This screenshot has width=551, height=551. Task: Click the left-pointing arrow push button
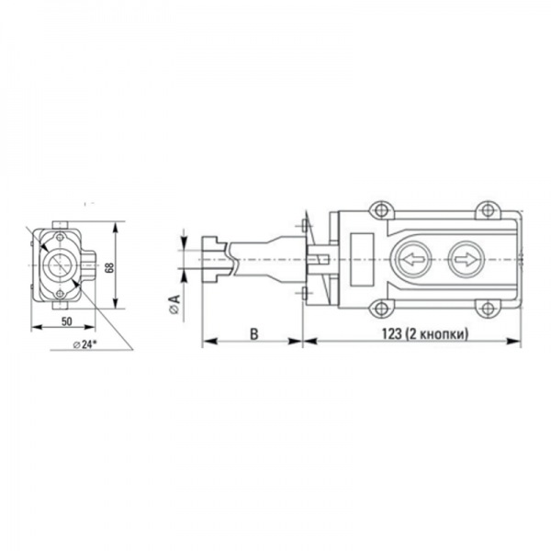(414, 260)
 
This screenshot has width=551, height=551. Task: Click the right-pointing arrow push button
(467, 260)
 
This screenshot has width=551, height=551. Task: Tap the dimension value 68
(109, 266)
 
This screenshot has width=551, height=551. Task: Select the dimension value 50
(67, 321)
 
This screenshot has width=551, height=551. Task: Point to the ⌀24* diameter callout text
(84, 344)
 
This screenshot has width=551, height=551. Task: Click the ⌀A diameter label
(174, 304)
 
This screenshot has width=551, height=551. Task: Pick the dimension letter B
(253, 333)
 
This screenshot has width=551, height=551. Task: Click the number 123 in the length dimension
(392, 333)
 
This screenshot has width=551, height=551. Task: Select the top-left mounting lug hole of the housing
(381, 210)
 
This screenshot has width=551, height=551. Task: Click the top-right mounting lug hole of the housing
(487, 210)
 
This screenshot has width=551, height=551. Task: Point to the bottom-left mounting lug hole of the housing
(381, 309)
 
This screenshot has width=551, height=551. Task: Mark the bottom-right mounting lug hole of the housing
(487, 309)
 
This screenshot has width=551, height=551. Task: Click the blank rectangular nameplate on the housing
(361, 259)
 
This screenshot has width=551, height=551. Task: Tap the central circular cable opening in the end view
(60, 265)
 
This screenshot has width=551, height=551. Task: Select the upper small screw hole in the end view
(60, 237)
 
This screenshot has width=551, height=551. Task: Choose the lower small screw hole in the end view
(60, 294)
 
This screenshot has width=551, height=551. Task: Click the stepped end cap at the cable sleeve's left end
(214, 259)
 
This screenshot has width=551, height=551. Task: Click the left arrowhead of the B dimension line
(209, 342)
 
